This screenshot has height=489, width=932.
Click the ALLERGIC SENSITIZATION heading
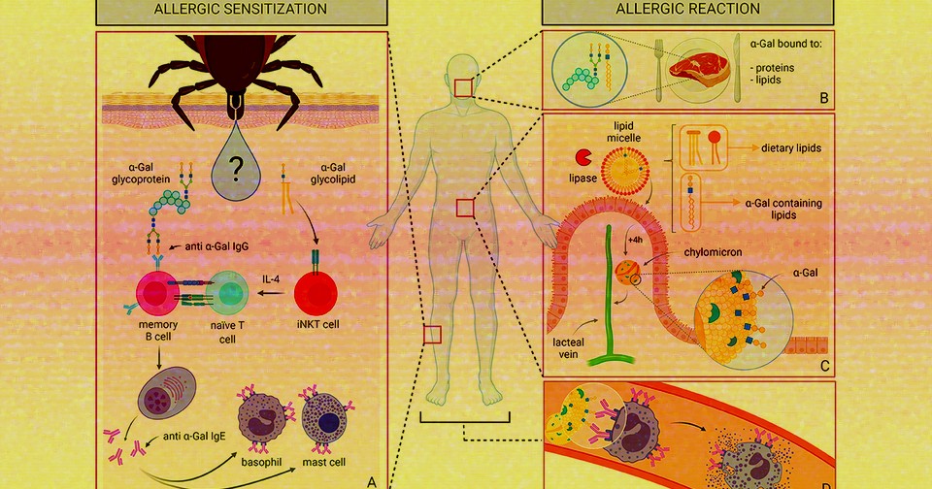pos(240,10)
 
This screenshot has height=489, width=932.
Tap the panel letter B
pos(823,97)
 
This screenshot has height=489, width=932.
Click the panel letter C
pos(823,365)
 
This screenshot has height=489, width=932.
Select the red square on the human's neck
pos(462,87)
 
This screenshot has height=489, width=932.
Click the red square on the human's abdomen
pos(465,207)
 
